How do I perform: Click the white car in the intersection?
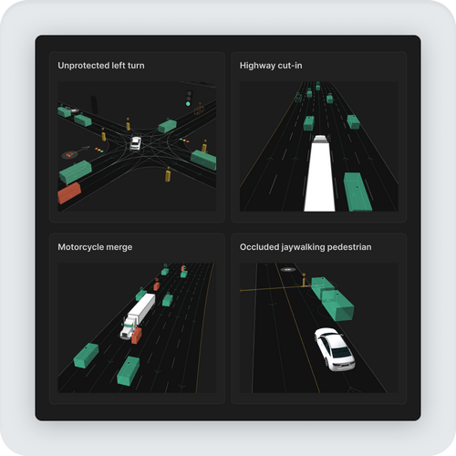coord(136,142)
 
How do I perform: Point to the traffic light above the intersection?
coord(189,98)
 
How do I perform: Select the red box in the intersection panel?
coord(69,193)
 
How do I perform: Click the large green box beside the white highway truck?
coord(356,192)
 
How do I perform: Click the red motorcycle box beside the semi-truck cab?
coord(137,337)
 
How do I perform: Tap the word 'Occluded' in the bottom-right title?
coord(261,246)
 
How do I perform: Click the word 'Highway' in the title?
coord(257,66)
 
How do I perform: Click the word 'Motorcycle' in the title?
coord(80,246)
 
